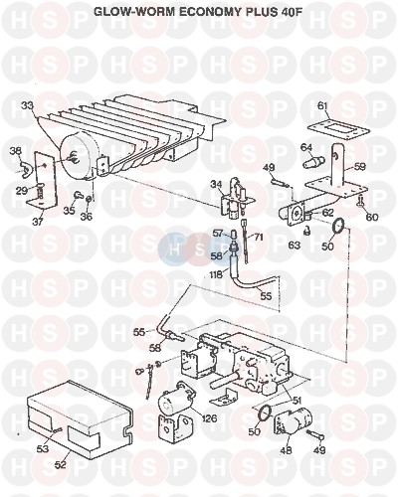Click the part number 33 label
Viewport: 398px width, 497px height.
28,106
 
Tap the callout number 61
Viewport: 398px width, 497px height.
322,106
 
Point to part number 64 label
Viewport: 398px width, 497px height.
306,146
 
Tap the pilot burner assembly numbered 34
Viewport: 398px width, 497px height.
237,197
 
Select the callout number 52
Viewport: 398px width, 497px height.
62,464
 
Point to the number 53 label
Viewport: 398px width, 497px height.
43,449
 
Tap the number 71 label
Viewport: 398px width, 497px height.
259,238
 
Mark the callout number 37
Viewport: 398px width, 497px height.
38,222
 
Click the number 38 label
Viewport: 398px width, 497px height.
16,151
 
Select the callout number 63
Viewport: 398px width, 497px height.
295,245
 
